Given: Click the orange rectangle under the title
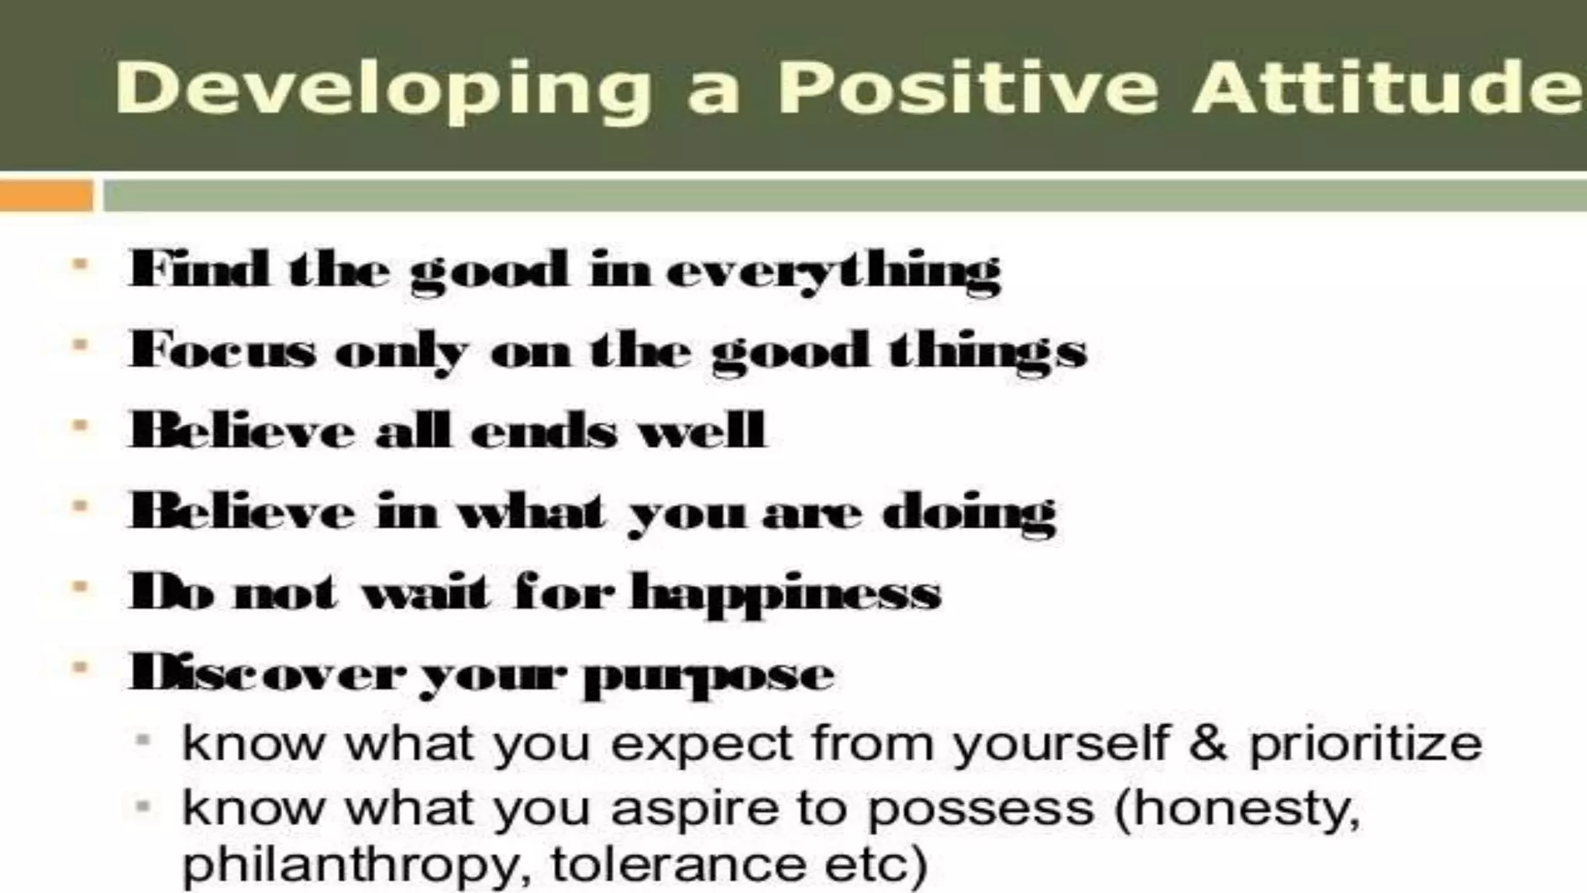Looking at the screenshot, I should click(x=46, y=195).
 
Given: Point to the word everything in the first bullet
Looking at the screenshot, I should click(x=833, y=272).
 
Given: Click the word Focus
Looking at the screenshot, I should click(x=223, y=350).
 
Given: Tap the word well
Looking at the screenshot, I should click(x=701, y=429).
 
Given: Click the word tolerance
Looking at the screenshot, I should click(x=678, y=864).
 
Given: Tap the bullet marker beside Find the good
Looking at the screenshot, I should click(x=80, y=266).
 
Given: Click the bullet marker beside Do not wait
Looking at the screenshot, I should click(x=80, y=587).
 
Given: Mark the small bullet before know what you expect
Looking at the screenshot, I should click(x=143, y=740).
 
